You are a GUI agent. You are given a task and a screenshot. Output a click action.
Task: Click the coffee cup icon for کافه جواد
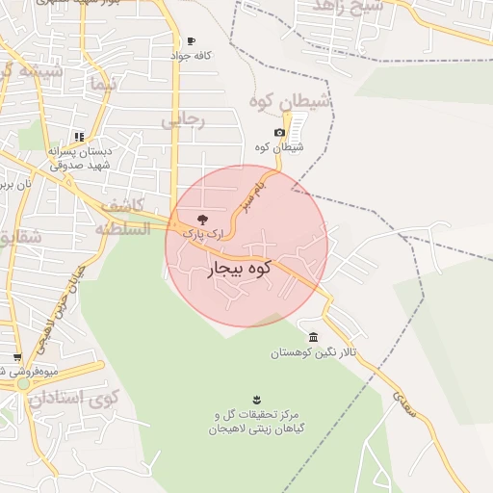click(x=192, y=41)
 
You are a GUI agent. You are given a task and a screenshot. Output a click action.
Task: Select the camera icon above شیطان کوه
click(x=279, y=133)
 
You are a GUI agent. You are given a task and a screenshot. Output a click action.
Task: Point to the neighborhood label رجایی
click(x=183, y=121)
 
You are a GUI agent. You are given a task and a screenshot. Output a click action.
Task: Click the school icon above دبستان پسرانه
click(x=79, y=138)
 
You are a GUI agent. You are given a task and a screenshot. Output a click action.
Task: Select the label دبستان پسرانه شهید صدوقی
click(x=96, y=158)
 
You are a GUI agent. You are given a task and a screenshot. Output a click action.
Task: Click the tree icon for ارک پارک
click(x=201, y=220)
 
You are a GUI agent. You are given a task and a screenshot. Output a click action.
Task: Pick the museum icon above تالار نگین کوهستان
click(x=315, y=337)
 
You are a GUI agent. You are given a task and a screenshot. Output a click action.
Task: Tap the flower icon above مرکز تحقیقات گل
click(x=256, y=399)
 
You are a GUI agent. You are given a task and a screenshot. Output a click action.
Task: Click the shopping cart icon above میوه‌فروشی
click(x=16, y=357)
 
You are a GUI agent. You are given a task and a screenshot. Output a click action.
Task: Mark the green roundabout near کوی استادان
click(x=23, y=384)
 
